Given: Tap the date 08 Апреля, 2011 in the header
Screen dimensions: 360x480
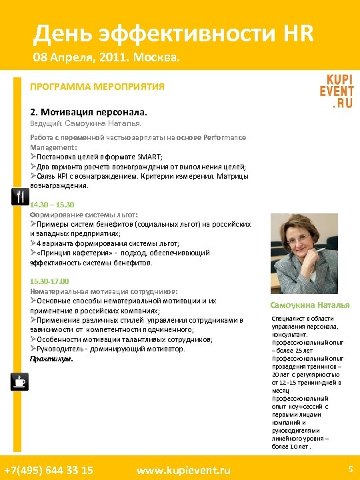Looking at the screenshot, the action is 83,59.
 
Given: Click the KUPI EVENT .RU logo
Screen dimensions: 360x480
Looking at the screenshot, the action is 336,89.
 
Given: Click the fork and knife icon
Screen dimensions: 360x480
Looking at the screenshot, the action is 20,196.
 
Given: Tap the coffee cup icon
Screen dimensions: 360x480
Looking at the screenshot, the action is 20,381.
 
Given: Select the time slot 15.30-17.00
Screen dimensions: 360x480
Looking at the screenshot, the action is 49,281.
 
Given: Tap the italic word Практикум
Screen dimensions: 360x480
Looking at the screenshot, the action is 51,359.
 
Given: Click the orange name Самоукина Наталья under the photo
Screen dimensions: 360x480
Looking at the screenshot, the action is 309,305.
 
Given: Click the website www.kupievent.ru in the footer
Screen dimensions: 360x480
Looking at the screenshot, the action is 183,470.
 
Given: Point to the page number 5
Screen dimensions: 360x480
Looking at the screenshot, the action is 349,469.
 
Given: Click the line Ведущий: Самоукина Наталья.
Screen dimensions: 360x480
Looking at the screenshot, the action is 85,123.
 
